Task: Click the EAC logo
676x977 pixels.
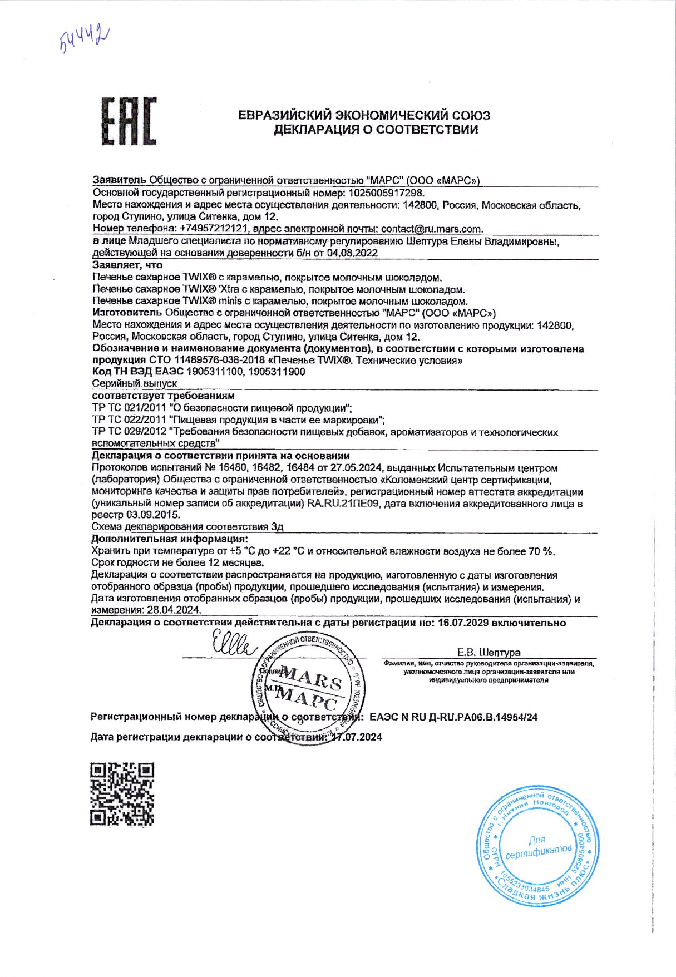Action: coord(129,121)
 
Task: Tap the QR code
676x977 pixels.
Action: coord(122,793)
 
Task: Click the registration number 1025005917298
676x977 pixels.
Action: coord(386,193)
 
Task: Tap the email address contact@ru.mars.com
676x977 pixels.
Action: coord(432,229)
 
